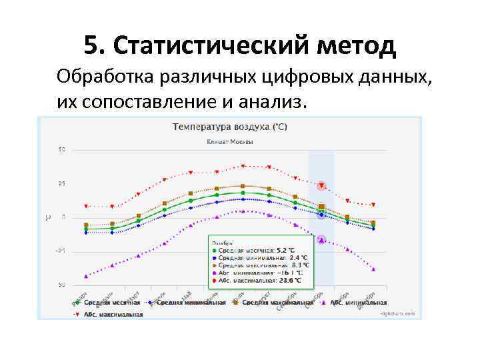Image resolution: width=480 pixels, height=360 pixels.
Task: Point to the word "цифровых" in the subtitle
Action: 302,77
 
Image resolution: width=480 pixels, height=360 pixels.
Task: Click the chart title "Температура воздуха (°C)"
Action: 230,126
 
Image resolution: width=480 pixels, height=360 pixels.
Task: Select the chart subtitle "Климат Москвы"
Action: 229,142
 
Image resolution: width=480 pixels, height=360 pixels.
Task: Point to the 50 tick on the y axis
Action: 61,149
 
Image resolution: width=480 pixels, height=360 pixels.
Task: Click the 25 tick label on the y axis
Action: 61,183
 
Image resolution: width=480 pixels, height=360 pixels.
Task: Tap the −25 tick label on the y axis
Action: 60,251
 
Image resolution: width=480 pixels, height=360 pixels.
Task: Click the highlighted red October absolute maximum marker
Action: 321,185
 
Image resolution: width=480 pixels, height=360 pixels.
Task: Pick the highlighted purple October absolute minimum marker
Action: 321,239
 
